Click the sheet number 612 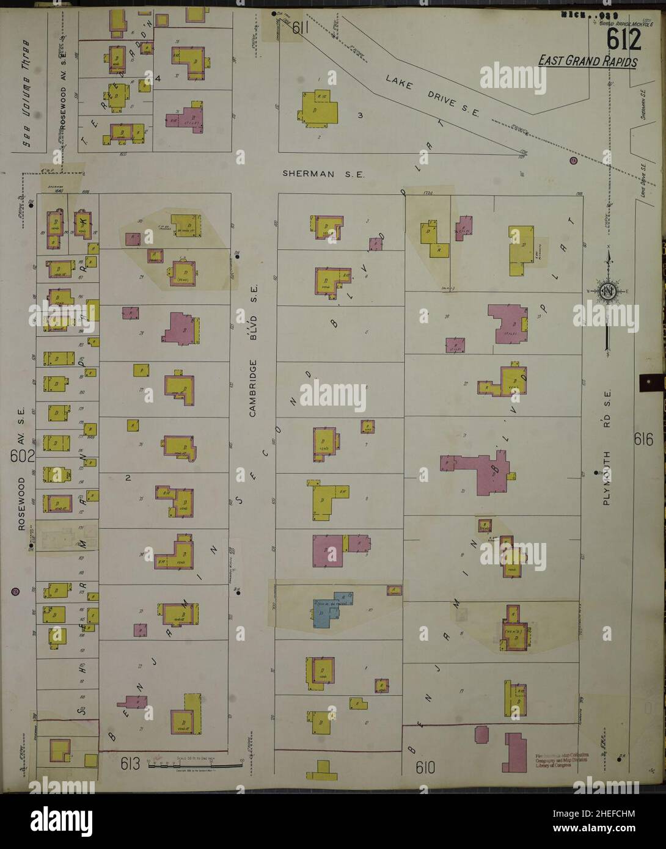point(624,41)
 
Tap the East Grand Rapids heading point(588,62)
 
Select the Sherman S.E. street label point(323,173)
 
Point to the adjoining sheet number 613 point(130,763)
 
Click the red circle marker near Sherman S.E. point(573,161)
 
